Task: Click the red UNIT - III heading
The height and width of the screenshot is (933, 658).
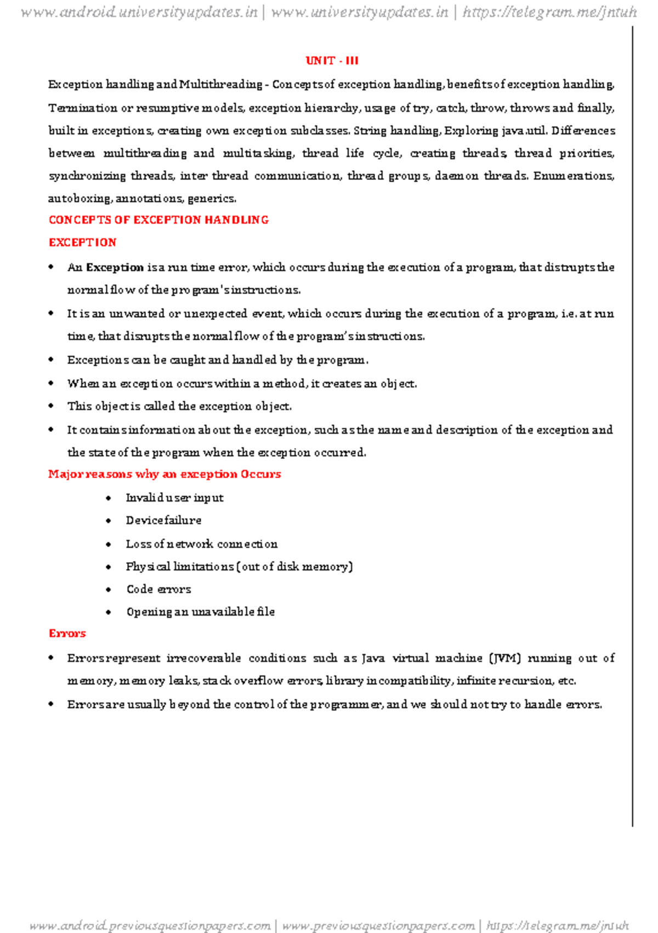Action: click(x=332, y=61)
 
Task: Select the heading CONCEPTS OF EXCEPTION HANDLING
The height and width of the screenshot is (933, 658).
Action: click(x=158, y=220)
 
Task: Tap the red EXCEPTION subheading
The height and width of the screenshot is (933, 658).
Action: click(x=82, y=243)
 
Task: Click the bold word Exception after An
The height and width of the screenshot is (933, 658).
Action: click(x=115, y=268)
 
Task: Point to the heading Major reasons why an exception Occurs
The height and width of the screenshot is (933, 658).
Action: click(x=164, y=474)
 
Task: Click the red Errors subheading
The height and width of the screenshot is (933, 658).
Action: click(x=67, y=633)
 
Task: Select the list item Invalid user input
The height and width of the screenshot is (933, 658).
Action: click(x=174, y=498)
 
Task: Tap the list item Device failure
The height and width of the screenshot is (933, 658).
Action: click(x=163, y=520)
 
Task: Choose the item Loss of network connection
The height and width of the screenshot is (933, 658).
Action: click(x=201, y=544)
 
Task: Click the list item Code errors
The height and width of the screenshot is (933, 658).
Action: click(x=158, y=589)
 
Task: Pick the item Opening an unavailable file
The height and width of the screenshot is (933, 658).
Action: click(x=200, y=612)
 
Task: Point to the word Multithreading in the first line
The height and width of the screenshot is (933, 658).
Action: click(x=220, y=85)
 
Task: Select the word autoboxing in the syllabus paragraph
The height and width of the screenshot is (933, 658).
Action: click(x=79, y=199)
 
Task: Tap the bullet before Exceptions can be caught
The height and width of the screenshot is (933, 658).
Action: click(x=51, y=360)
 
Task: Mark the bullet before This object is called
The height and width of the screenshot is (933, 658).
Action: click(x=51, y=406)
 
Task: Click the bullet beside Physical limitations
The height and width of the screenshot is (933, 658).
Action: click(x=109, y=566)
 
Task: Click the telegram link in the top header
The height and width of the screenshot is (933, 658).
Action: click(x=549, y=12)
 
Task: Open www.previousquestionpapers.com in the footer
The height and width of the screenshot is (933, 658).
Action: click(x=378, y=926)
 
